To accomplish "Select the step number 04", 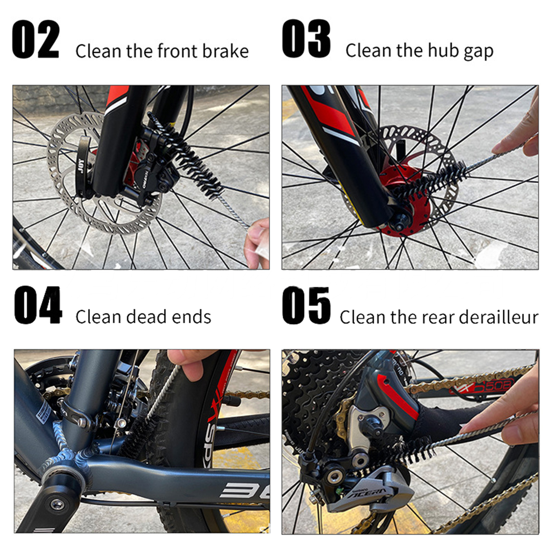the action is pyautogui.click(x=38, y=305).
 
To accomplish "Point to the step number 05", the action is pyautogui.click(x=306, y=305).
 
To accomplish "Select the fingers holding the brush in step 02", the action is pyautogui.click(x=257, y=243).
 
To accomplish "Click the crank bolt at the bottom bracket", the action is pyautogui.click(x=57, y=504).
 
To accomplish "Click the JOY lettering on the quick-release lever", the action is pyautogui.click(x=81, y=164).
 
